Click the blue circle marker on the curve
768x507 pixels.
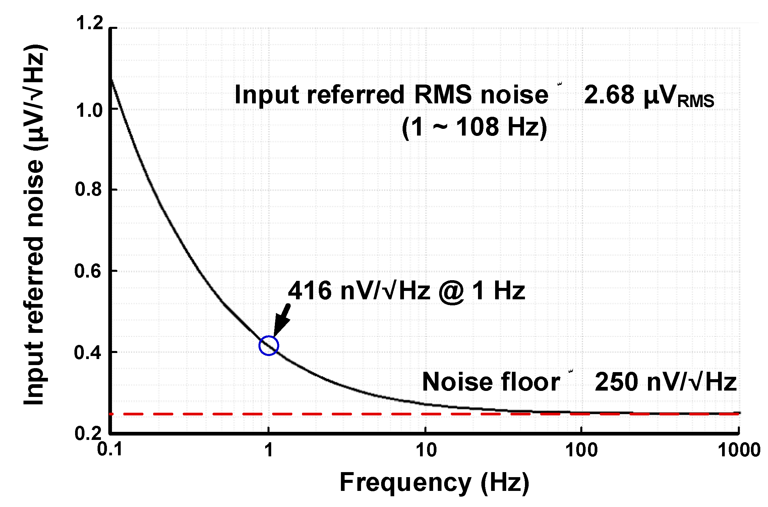269,345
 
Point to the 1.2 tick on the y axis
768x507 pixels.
90,24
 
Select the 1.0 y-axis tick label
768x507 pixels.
90,110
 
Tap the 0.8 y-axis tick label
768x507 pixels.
88,189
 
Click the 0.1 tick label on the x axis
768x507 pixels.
110,450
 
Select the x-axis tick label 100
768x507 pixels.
582,450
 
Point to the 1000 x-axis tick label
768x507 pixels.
739,450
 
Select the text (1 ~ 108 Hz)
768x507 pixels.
474,128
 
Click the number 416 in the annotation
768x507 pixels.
310,291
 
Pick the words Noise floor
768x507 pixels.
491,382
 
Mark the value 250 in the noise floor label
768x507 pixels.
616,382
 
